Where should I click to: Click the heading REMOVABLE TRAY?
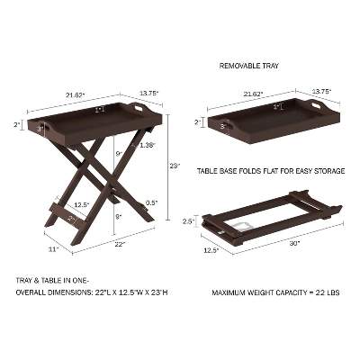tap(249, 66)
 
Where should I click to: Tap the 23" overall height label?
tap(175, 166)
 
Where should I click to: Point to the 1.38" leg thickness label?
tap(148, 145)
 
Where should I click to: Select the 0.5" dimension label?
tap(151, 202)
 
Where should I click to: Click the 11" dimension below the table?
tap(53, 249)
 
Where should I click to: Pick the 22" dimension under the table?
tap(120, 245)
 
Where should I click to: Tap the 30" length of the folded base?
tap(294, 244)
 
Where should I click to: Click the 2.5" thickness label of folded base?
tap(189, 221)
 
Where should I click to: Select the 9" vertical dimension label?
tap(119, 154)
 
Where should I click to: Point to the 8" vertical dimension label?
tap(119, 217)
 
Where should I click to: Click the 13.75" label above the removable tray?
tap(322, 91)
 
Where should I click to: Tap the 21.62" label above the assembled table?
tap(76, 95)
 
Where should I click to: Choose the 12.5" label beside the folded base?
tap(211, 250)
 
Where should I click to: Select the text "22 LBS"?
tap(328, 292)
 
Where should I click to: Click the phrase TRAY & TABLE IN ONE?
tap(52, 281)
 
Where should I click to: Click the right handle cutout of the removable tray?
tap(317, 105)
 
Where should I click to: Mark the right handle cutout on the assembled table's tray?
tap(139, 107)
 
